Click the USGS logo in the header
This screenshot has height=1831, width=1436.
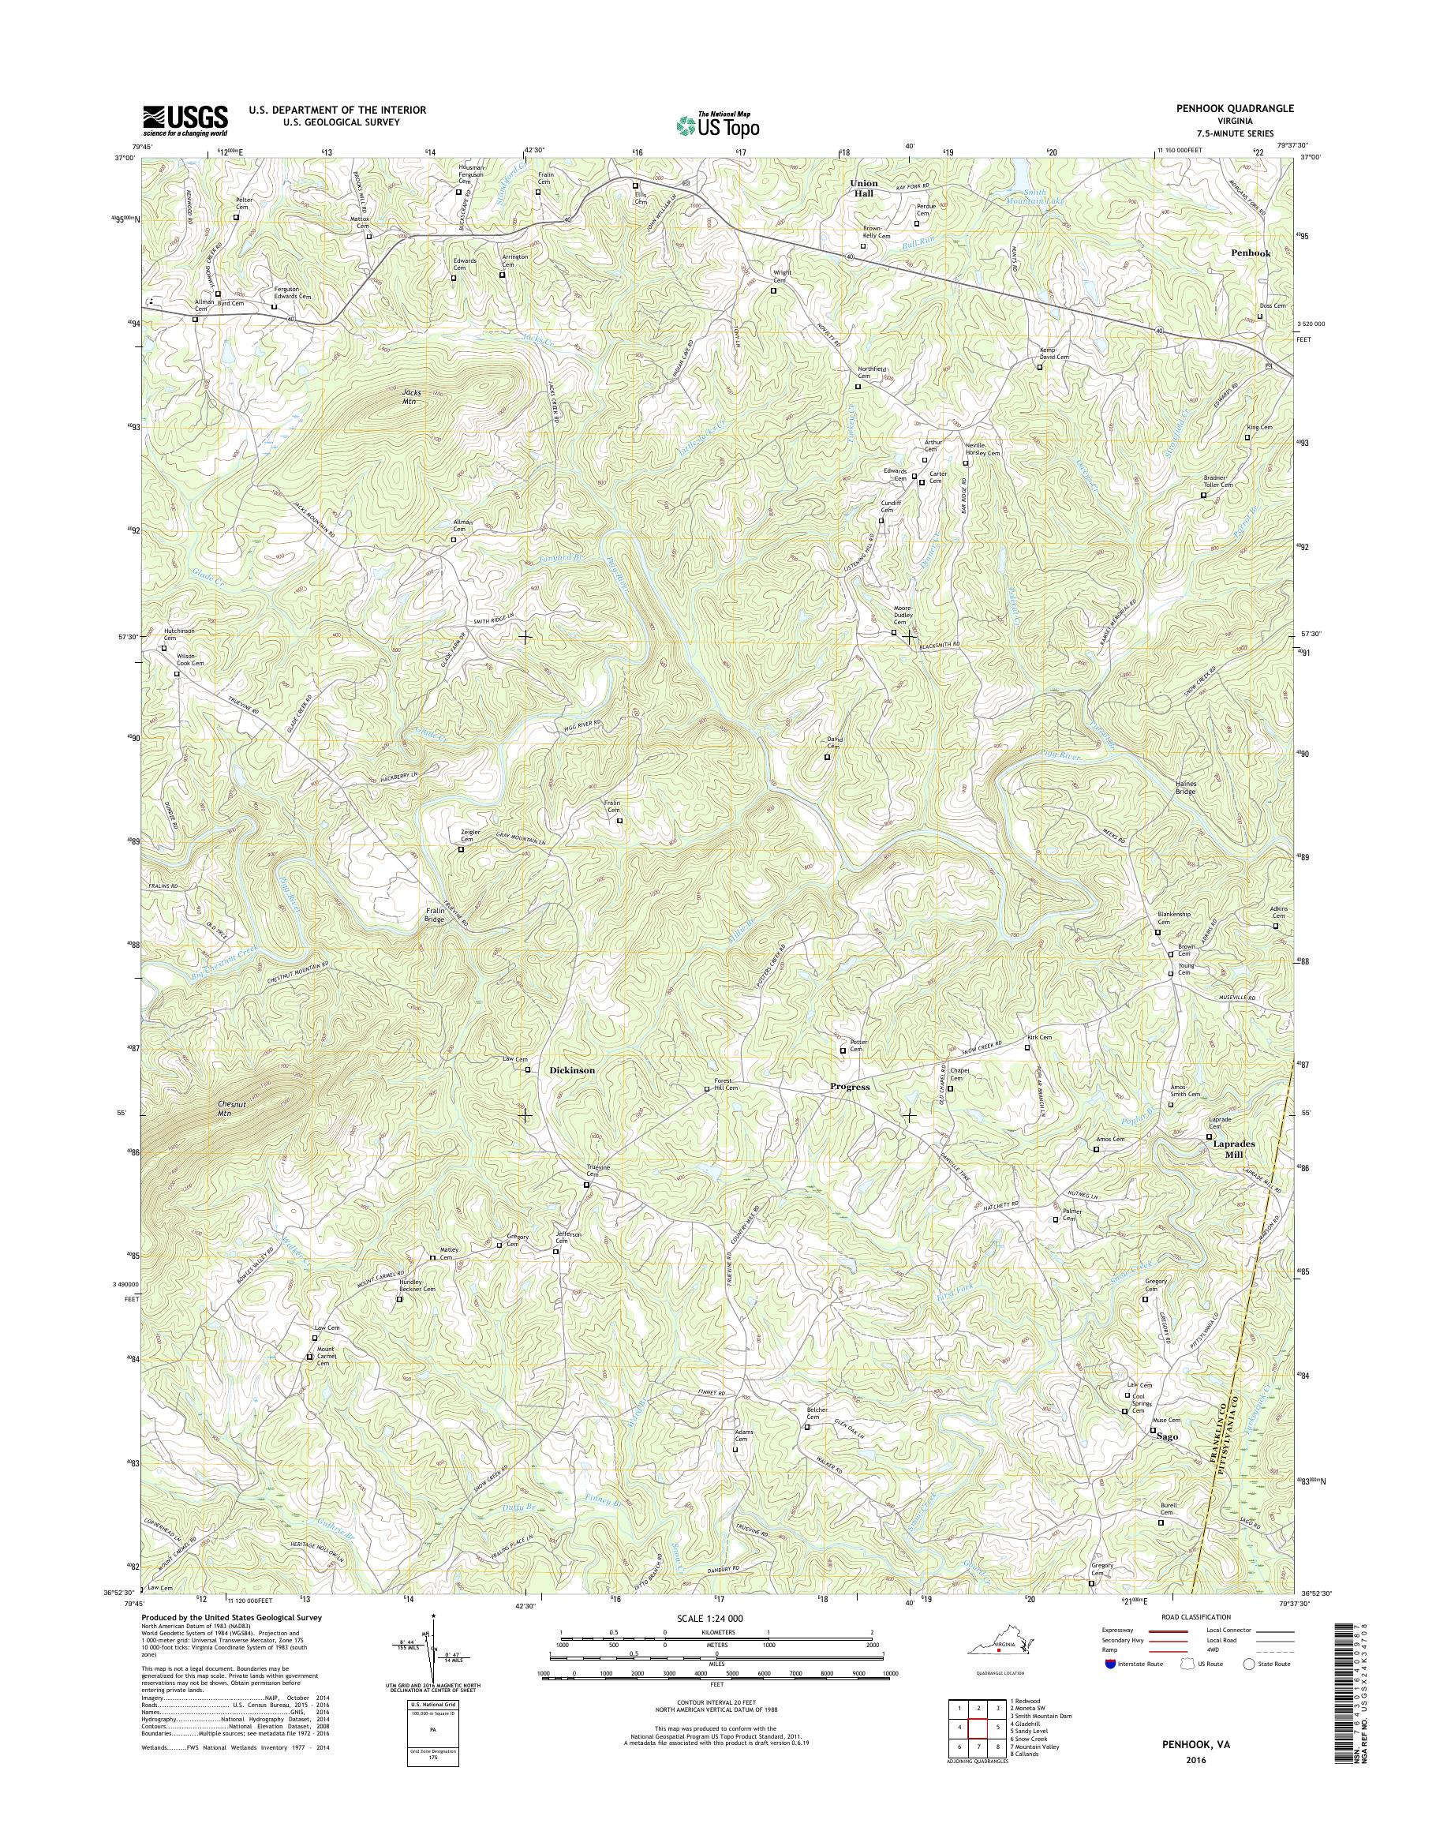185,120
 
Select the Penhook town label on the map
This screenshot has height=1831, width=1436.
1251,253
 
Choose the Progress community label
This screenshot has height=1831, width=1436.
849,1087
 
